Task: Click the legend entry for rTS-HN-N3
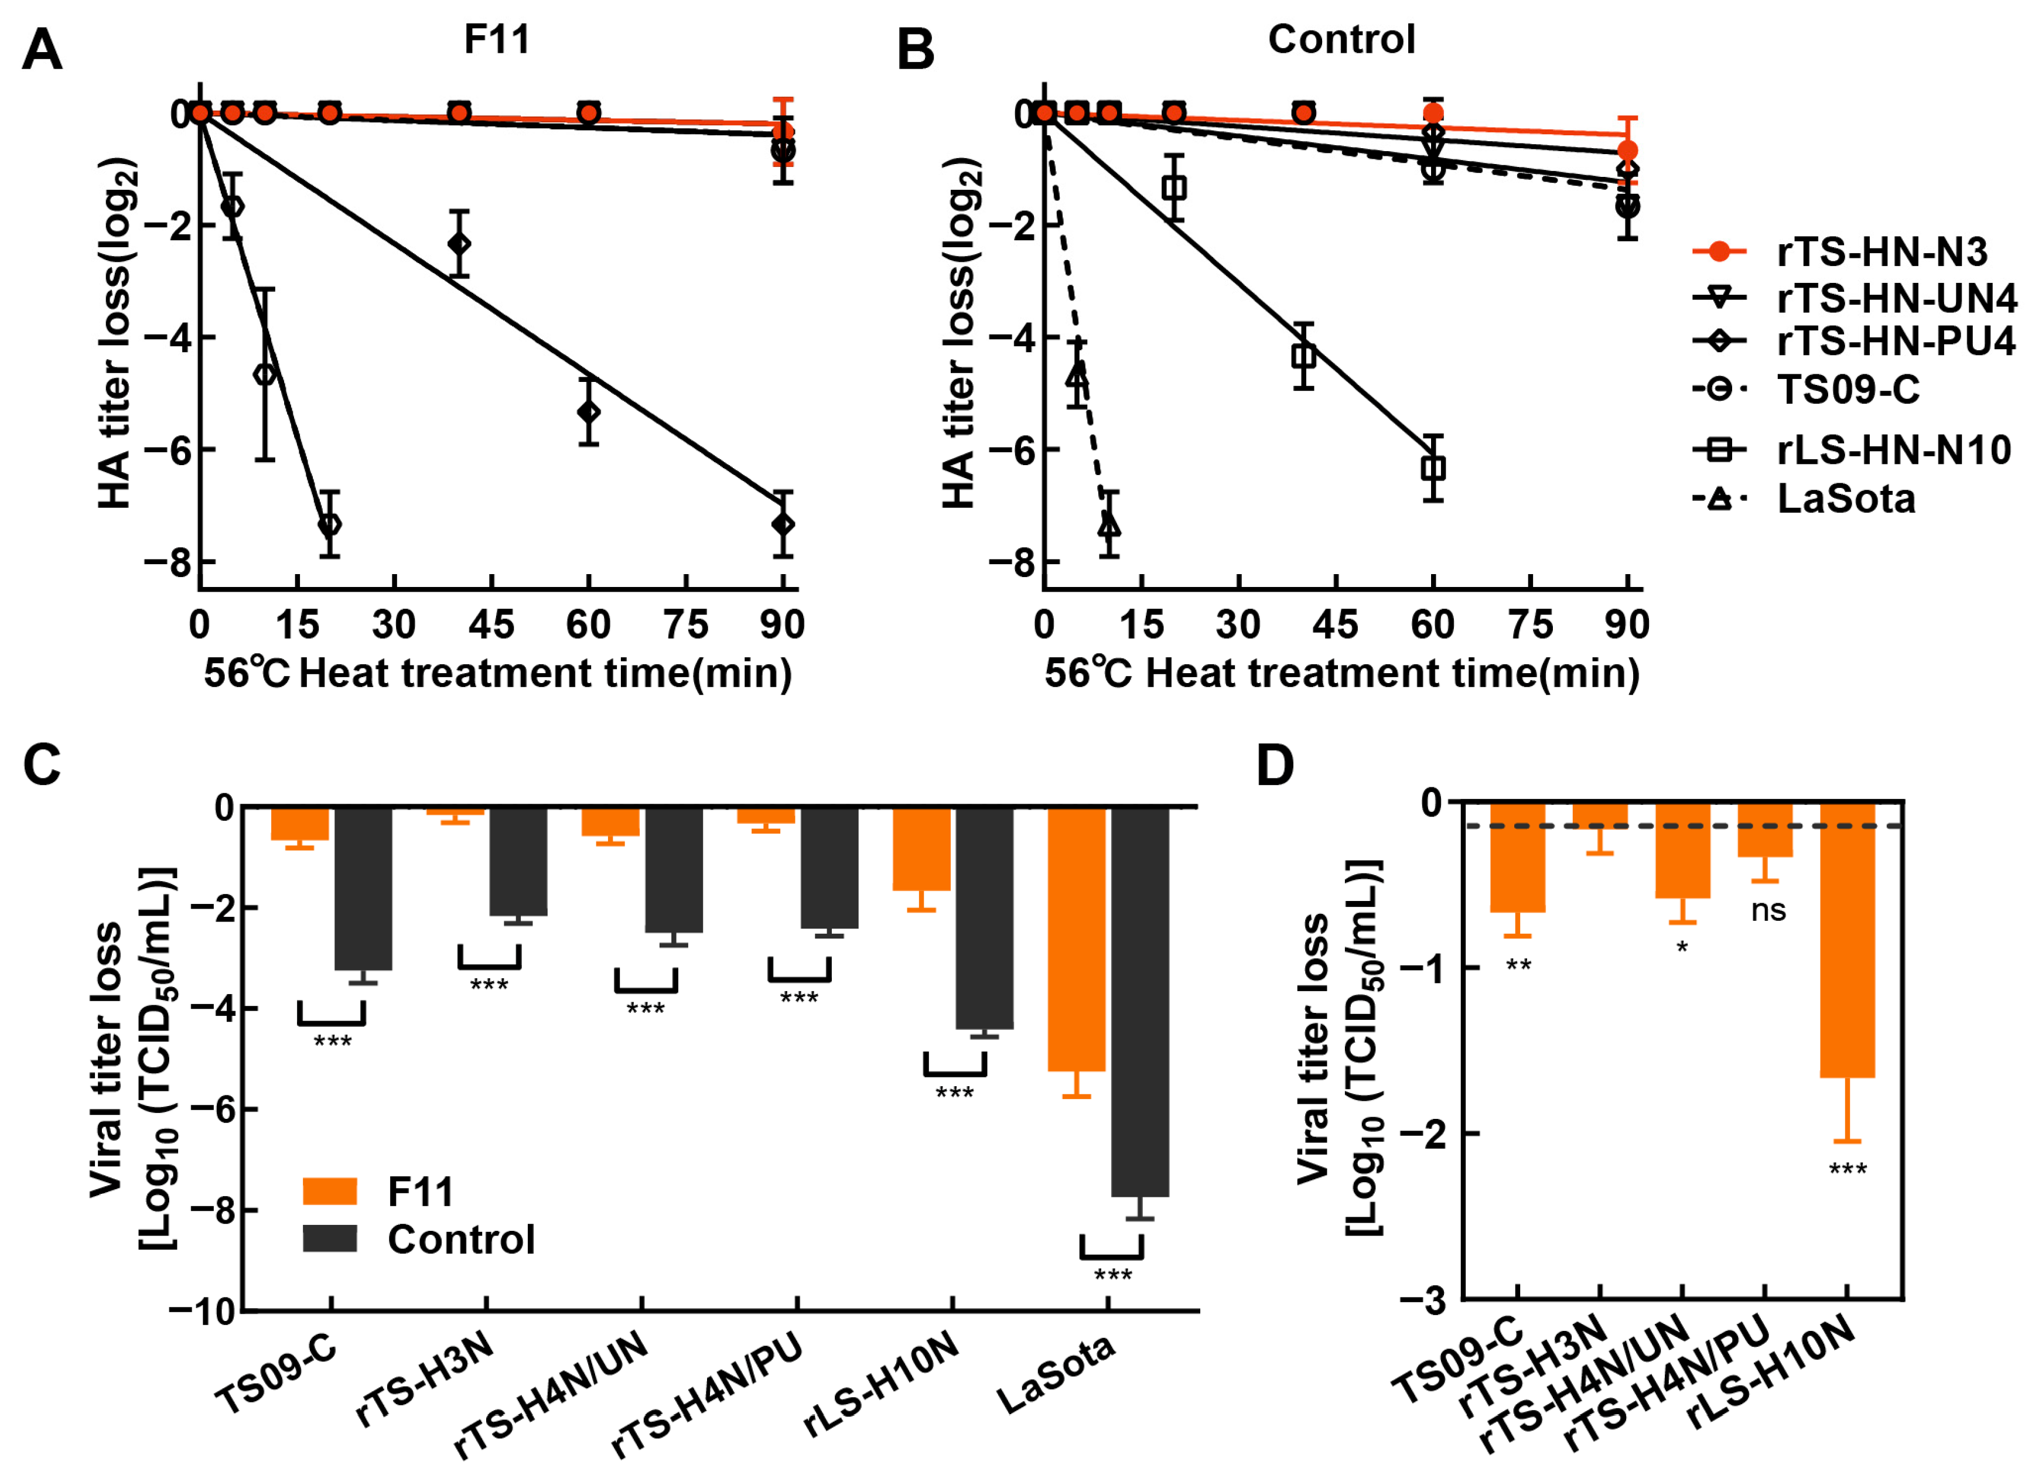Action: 1882,252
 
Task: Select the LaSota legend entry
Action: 1846,499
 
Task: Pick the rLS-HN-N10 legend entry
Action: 1893,449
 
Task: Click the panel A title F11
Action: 496,39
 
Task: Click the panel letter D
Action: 1275,766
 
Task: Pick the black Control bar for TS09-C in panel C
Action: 363,889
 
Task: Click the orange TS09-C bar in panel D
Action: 1517,857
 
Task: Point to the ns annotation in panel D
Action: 1768,911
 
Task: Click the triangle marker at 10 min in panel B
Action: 1109,524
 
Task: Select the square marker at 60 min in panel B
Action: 1433,469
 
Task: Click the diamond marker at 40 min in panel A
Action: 459,244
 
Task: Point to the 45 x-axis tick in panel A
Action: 491,624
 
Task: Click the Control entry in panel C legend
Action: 460,1240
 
